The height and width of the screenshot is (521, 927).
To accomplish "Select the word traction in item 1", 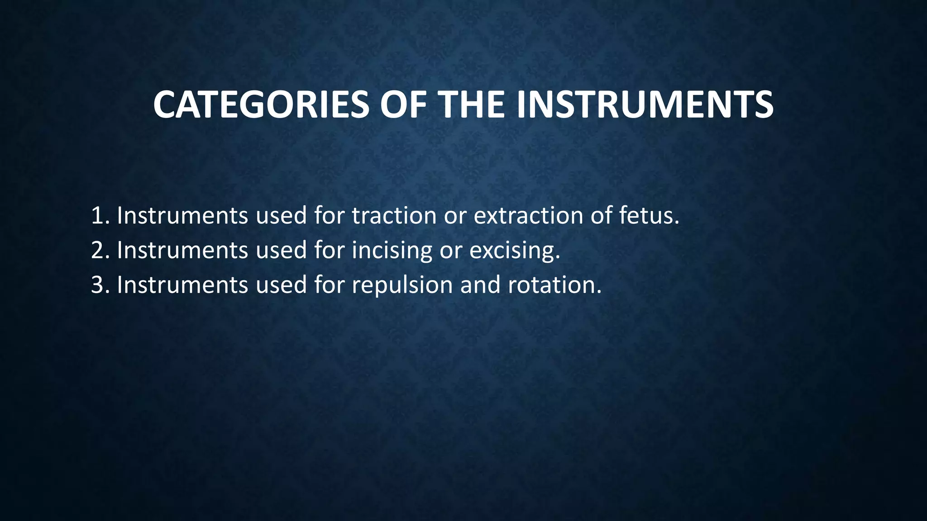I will [394, 216].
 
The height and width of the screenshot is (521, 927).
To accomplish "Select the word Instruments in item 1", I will [182, 216].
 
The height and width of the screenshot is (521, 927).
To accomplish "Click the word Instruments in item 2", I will [182, 251].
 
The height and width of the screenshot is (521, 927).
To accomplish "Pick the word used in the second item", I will [281, 251].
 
